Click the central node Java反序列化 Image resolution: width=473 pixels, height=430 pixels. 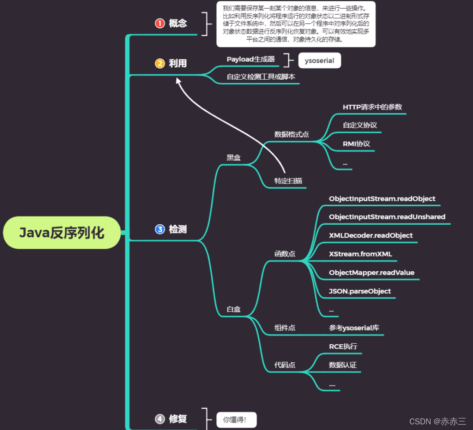pos(62,233)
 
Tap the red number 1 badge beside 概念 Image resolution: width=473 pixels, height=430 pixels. pos(160,23)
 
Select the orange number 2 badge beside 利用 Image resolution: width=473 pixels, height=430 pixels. pos(160,63)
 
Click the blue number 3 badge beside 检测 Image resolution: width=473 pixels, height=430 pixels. pos(160,229)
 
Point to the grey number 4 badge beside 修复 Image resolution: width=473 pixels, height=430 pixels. pos(160,418)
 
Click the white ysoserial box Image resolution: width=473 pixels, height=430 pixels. pos(319,60)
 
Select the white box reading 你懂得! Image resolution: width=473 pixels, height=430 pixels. pos(236,419)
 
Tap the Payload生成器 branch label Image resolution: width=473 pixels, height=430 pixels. pos(251,59)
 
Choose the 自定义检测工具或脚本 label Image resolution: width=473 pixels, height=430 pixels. pos(261,77)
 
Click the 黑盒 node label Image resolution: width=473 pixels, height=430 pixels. pos(234,157)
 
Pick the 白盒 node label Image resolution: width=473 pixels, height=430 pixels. pos(234,309)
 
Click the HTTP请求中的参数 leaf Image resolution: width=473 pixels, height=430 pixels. pos(372,107)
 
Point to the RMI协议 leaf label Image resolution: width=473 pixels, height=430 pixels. pos(356,144)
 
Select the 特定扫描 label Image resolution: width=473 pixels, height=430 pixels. pos(288,181)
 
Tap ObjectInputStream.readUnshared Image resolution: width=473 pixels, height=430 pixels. pos(387,217)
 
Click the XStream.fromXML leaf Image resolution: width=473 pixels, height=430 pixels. pos(360,254)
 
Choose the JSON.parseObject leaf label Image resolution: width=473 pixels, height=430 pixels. pos(360,291)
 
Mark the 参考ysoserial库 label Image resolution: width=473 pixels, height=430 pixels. pos(354,328)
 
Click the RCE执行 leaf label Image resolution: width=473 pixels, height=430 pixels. pos(343,346)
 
